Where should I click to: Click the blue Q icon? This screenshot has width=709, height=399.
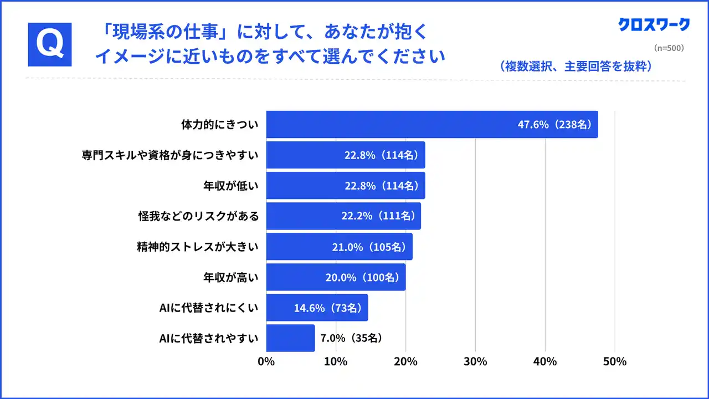50,44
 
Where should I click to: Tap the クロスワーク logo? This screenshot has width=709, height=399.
654,24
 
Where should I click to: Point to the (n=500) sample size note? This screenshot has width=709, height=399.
669,48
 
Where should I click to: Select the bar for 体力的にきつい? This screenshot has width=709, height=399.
432,124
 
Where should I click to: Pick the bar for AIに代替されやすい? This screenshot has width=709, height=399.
290,338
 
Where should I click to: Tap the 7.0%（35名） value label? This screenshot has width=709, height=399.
351,338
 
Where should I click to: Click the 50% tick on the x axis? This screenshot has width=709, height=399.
614,362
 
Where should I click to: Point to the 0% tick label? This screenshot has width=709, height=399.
266,362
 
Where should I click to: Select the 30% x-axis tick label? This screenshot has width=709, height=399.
475,362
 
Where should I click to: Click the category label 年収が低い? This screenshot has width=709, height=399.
231,186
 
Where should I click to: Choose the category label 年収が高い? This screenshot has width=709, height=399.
231,277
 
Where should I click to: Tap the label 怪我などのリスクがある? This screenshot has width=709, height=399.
198,216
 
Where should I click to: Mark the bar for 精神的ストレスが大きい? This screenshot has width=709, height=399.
339,247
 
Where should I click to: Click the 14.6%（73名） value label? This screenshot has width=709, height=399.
327,308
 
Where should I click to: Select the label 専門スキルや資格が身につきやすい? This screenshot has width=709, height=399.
170,155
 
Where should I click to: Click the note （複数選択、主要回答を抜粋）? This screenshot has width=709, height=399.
576,66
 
